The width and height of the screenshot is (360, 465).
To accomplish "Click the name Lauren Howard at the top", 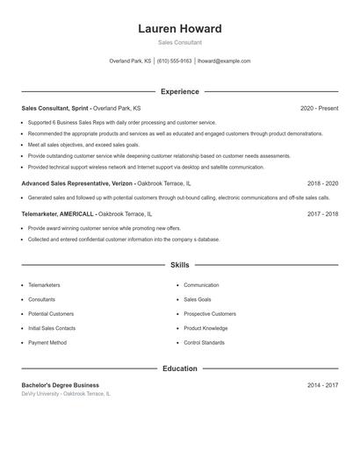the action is pyautogui.click(x=179, y=28).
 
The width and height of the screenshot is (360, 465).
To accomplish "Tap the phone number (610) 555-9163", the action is pyautogui.click(x=174, y=61).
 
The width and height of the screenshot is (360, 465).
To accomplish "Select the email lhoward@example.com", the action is pyautogui.click(x=224, y=61).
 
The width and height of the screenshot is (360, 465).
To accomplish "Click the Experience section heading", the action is pyautogui.click(x=179, y=91).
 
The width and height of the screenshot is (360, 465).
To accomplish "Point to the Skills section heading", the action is pyautogui.click(x=179, y=264).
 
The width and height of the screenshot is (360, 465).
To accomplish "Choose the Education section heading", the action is pyautogui.click(x=179, y=368).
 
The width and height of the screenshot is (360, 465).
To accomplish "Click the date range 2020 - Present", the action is pyautogui.click(x=319, y=108).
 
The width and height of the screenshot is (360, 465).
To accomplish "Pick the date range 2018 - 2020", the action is pyautogui.click(x=322, y=183).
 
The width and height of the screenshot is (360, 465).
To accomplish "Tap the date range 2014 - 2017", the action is pyautogui.click(x=322, y=385).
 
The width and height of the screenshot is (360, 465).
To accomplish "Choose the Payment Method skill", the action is pyautogui.click(x=47, y=342).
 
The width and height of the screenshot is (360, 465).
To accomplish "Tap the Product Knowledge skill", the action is pyautogui.click(x=205, y=328).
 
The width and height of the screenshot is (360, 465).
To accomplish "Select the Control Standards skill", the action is pyautogui.click(x=204, y=342).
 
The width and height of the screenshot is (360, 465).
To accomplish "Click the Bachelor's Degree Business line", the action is pyautogui.click(x=61, y=385).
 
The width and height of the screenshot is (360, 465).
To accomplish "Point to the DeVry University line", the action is pyautogui.click(x=66, y=394).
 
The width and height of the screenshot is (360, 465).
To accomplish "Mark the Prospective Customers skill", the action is pyautogui.click(x=210, y=313).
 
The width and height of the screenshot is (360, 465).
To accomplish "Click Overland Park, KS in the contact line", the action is pyautogui.click(x=130, y=61).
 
